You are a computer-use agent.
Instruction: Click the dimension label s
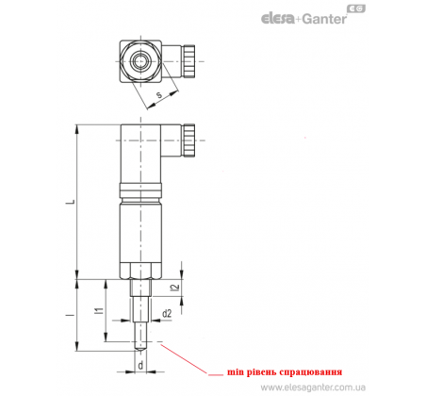159,94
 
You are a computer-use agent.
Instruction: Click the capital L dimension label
72,201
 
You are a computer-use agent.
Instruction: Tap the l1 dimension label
100,311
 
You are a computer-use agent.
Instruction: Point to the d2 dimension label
167,313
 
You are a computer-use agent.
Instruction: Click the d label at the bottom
140,365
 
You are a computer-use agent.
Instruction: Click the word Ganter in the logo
324,19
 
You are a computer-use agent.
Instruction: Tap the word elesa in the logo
278,18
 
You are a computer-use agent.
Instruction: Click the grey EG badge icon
356,9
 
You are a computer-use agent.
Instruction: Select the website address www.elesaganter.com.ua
313,387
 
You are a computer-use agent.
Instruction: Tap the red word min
236,372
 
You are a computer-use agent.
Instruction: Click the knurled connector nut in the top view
189,61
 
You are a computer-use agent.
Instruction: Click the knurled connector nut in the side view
189,140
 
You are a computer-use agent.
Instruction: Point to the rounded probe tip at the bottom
140,347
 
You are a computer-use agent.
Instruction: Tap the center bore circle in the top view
140,61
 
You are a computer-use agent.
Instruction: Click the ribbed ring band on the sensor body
140,190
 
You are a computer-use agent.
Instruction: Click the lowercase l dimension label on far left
72,314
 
